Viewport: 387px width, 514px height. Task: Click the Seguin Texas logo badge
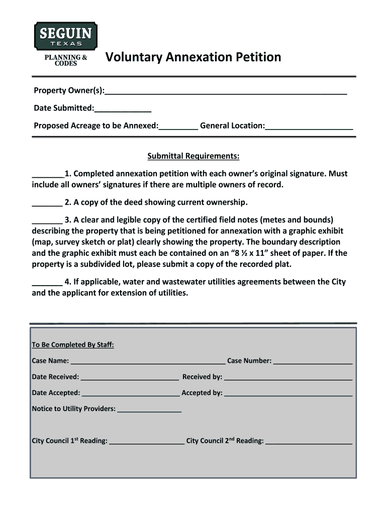coord(65,37)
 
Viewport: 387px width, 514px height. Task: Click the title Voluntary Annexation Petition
coord(193,57)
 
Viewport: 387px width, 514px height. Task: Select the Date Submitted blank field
coord(123,109)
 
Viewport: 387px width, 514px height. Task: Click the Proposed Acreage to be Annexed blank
coord(178,126)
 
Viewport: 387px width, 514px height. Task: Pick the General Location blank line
coord(309,126)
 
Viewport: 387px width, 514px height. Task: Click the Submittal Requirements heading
coord(193,157)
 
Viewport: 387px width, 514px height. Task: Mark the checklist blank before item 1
coord(48,175)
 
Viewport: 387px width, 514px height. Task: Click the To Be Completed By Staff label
coord(73,345)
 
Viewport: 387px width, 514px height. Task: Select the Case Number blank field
coord(313,361)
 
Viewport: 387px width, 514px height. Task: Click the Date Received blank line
coord(130,377)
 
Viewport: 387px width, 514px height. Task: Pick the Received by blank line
coord(288,377)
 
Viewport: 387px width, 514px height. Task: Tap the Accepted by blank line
coord(288,394)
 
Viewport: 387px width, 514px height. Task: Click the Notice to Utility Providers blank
coord(149,410)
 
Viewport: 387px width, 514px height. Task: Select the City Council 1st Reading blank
coord(147,442)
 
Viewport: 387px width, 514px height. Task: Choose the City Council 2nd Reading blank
coord(309,442)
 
